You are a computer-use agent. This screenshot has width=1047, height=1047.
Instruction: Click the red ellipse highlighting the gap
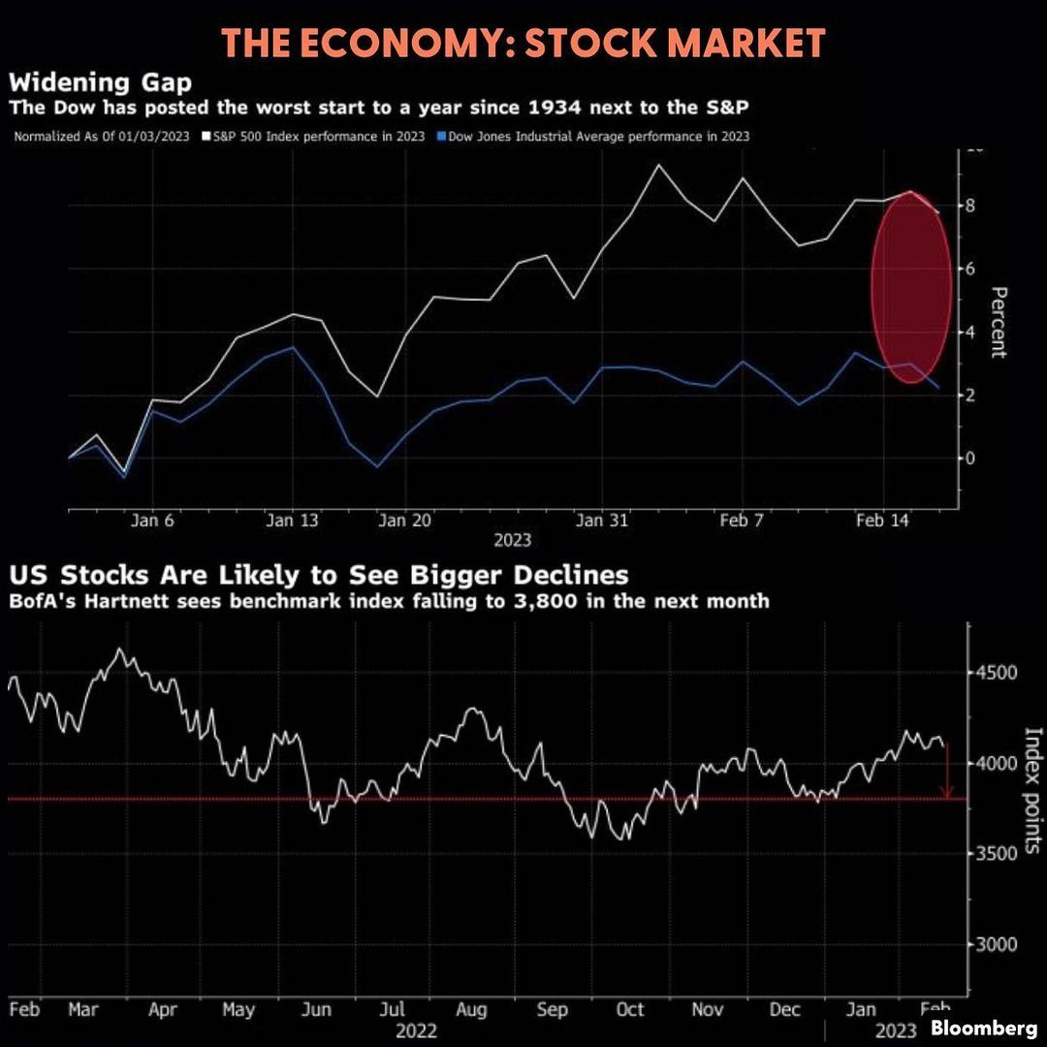click(x=911, y=286)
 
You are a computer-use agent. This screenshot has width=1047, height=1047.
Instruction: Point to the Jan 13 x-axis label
click(x=292, y=521)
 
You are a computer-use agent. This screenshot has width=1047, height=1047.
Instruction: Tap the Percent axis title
click(x=999, y=323)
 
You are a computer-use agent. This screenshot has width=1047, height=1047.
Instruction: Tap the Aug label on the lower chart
click(x=471, y=1009)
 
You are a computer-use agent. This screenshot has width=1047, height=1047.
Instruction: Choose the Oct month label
click(x=629, y=1009)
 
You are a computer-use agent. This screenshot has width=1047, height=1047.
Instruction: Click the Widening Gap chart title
click(x=100, y=81)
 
